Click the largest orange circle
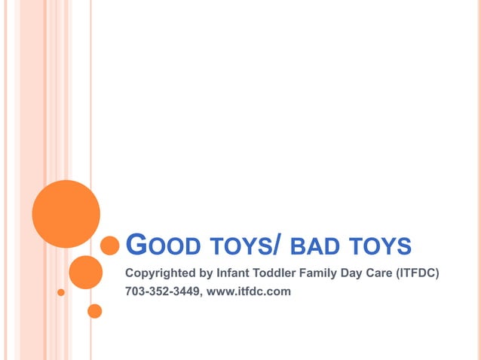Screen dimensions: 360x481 click(66, 214)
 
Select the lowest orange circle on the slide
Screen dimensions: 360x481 click(95, 310)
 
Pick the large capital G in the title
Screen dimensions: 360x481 click(136, 244)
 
